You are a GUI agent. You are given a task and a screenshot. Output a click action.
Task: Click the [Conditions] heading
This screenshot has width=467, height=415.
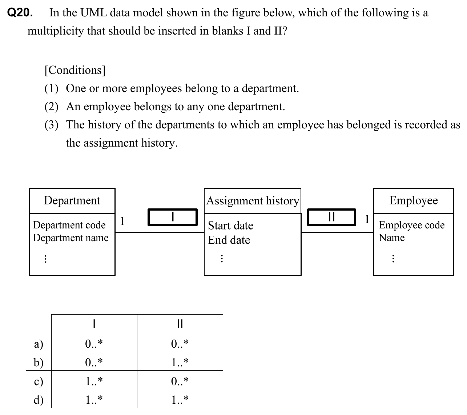point(75,70)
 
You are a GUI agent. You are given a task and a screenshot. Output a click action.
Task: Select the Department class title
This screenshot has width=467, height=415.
point(72,200)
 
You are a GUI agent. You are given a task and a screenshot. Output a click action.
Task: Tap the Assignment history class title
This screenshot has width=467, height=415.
point(253,201)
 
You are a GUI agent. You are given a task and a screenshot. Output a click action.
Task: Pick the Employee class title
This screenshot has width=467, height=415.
point(414,200)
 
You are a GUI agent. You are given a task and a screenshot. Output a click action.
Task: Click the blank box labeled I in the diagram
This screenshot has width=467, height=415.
point(173,217)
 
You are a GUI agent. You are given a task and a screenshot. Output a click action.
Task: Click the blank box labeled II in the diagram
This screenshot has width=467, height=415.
point(331,217)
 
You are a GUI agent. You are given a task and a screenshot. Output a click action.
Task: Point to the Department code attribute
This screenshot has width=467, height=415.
point(69,225)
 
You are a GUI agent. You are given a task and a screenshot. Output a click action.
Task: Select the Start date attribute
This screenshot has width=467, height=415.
point(230,226)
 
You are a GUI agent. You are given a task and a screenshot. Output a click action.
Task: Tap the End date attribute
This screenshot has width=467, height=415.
point(229,240)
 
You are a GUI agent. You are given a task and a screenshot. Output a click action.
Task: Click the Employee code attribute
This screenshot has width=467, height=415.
point(412,225)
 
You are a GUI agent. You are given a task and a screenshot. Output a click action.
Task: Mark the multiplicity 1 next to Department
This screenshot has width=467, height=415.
point(122,220)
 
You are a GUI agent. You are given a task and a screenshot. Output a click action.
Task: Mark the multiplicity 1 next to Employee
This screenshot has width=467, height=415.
point(367,219)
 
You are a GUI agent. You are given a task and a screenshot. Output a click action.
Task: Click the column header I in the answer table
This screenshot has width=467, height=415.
point(94,324)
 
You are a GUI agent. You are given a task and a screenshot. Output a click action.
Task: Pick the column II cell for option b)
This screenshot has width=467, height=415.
point(180,362)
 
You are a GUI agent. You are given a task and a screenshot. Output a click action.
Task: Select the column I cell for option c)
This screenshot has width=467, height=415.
point(94,381)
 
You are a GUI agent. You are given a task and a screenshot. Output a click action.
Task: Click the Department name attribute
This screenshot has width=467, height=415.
point(71,238)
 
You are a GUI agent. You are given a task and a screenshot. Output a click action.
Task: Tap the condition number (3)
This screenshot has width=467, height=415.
point(51,125)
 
